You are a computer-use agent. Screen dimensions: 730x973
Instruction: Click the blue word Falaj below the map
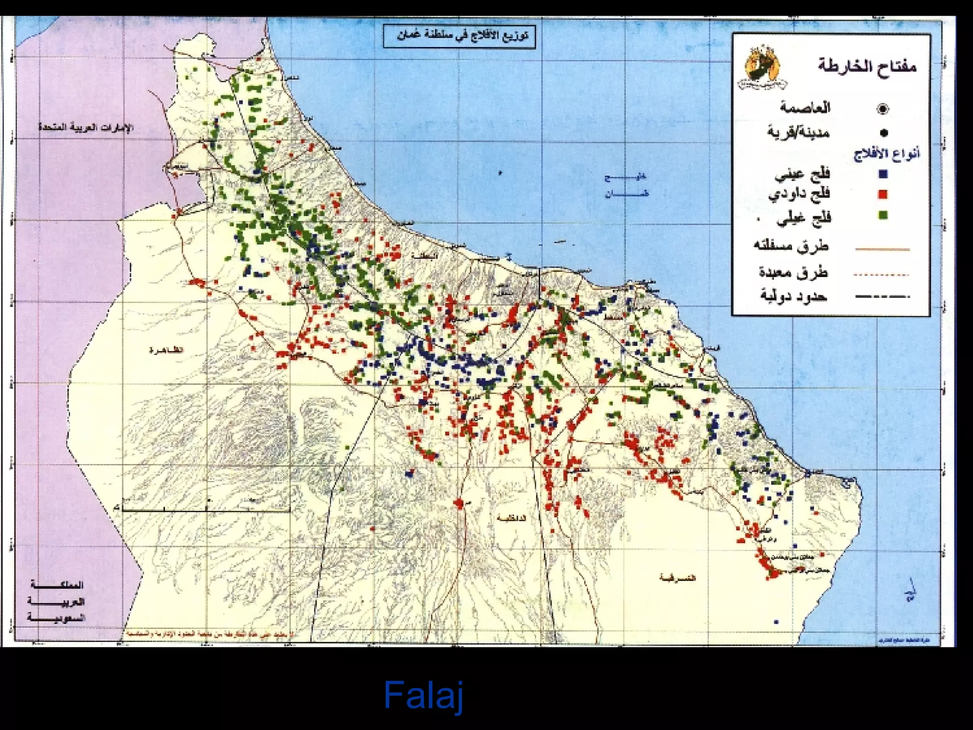coord(423,695)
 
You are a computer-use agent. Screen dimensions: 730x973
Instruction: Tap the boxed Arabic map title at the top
coord(459,36)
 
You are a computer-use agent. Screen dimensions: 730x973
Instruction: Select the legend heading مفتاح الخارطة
coord(867,65)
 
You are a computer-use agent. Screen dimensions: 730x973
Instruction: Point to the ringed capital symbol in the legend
coord(882,109)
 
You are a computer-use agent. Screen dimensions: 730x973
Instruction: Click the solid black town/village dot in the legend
coord(884,133)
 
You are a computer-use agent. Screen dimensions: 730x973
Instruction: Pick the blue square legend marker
coord(883,174)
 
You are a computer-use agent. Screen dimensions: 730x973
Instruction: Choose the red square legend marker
coord(883,194)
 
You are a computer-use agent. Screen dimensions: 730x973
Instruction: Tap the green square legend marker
coord(883,215)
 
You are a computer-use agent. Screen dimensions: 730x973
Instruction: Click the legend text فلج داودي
coord(800,194)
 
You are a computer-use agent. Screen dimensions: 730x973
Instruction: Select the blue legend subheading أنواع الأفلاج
coord(887,154)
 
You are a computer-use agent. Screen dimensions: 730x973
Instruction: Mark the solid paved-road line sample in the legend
coord(882,249)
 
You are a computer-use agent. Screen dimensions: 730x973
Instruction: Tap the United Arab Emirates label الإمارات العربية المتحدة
coord(86,127)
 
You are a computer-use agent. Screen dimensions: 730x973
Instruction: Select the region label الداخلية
coord(511,518)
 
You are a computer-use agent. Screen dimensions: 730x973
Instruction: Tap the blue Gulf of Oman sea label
coord(625,185)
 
